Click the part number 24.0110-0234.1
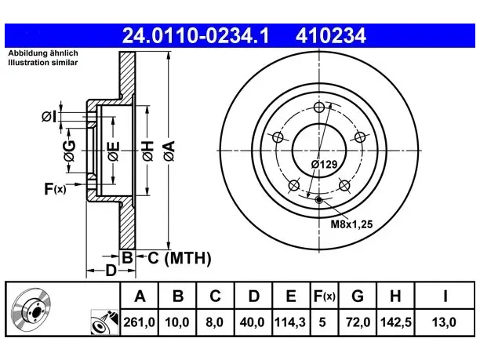pyautogui.click(x=195, y=35)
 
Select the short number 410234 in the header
pyautogui.click(x=331, y=35)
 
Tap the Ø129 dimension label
pyautogui.click(x=324, y=165)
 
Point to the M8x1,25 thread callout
pyautogui.click(x=351, y=224)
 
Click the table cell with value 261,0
pyautogui.click(x=140, y=322)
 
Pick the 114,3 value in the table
pyautogui.click(x=290, y=322)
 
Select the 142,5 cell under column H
pyautogui.click(x=395, y=322)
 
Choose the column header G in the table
pyautogui.click(x=358, y=296)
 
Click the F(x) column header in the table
pyautogui.click(x=325, y=296)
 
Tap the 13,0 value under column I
pyautogui.click(x=444, y=322)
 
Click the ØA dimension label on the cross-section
pyautogui.click(x=169, y=151)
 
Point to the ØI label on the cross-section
pyautogui.click(x=49, y=117)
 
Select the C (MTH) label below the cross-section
pyautogui.click(x=180, y=258)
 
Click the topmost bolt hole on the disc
pyautogui.click(x=319, y=107)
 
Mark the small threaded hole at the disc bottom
pyautogui.click(x=319, y=200)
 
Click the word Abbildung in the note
pyautogui.click(x=25, y=53)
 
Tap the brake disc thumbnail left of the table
pyautogui.click(x=31, y=309)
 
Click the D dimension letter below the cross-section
pyautogui.click(x=111, y=271)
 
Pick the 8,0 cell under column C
pyautogui.click(x=215, y=322)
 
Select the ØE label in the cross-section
pyautogui.click(x=113, y=151)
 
